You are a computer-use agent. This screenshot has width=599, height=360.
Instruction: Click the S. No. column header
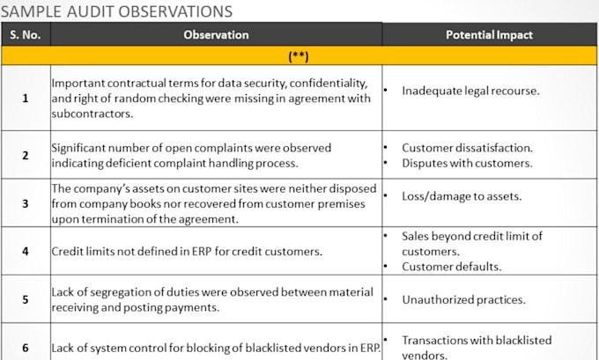[26, 34]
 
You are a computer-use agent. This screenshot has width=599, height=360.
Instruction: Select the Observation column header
[216, 34]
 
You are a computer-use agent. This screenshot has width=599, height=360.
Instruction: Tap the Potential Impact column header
[489, 34]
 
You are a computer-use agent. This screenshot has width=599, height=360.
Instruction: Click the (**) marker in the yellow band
[299, 56]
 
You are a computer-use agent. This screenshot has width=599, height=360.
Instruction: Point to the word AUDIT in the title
[91, 11]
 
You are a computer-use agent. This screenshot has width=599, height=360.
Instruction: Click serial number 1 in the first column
[26, 99]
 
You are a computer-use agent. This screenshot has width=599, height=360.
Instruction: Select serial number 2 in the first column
[26, 156]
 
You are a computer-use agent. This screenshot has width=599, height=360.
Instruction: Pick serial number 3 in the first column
[26, 203]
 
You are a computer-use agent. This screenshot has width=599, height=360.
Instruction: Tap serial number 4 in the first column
[26, 252]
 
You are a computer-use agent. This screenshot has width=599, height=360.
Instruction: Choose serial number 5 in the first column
[26, 299]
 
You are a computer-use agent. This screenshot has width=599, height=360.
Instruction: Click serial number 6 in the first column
[26, 348]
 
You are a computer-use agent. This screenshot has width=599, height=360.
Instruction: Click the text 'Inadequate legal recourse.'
[470, 91]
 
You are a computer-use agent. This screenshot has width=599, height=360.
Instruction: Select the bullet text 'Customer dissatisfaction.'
[467, 148]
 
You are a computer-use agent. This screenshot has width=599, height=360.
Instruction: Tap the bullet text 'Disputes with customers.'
[467, 163]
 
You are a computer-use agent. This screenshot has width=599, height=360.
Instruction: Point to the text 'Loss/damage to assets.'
[462, 196]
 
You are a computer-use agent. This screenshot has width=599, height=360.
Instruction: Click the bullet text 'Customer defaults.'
[451, 267]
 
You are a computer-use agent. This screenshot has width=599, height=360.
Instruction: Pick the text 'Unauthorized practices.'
[463, 299]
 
